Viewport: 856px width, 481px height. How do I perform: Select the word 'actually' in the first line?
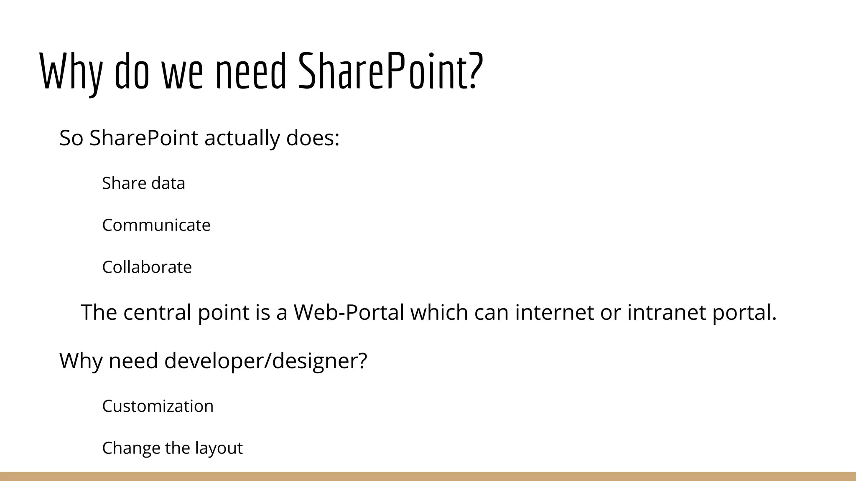(242, 138)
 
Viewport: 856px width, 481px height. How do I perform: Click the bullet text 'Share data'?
(143, 183)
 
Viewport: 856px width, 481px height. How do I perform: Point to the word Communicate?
(156, 225)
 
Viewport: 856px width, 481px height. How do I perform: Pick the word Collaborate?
(147, 267)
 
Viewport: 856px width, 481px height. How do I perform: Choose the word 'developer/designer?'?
(265, 360)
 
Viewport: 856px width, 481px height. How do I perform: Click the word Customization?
(158, 406)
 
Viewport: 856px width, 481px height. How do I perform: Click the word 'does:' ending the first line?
(313, 138)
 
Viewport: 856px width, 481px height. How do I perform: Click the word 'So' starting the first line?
(71, 138)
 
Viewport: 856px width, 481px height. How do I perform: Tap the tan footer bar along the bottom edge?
(428, 476)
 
